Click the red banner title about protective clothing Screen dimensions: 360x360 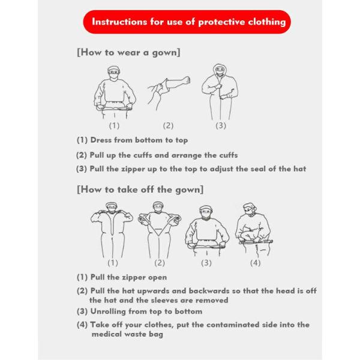point(188,22)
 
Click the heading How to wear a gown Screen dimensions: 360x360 point(129,52)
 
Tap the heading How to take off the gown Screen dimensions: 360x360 point(140,190)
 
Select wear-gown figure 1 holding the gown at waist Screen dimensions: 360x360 point(114,94)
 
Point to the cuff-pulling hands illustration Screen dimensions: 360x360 point(169,91)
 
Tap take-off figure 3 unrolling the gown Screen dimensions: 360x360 point(206,231)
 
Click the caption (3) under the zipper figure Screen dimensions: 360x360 point(221,126)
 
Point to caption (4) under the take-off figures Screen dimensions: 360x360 point(255,263)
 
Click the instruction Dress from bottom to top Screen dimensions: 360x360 point(132,140)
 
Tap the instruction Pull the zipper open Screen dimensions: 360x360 point(122,278)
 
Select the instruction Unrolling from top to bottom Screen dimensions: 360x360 point(139,312)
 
